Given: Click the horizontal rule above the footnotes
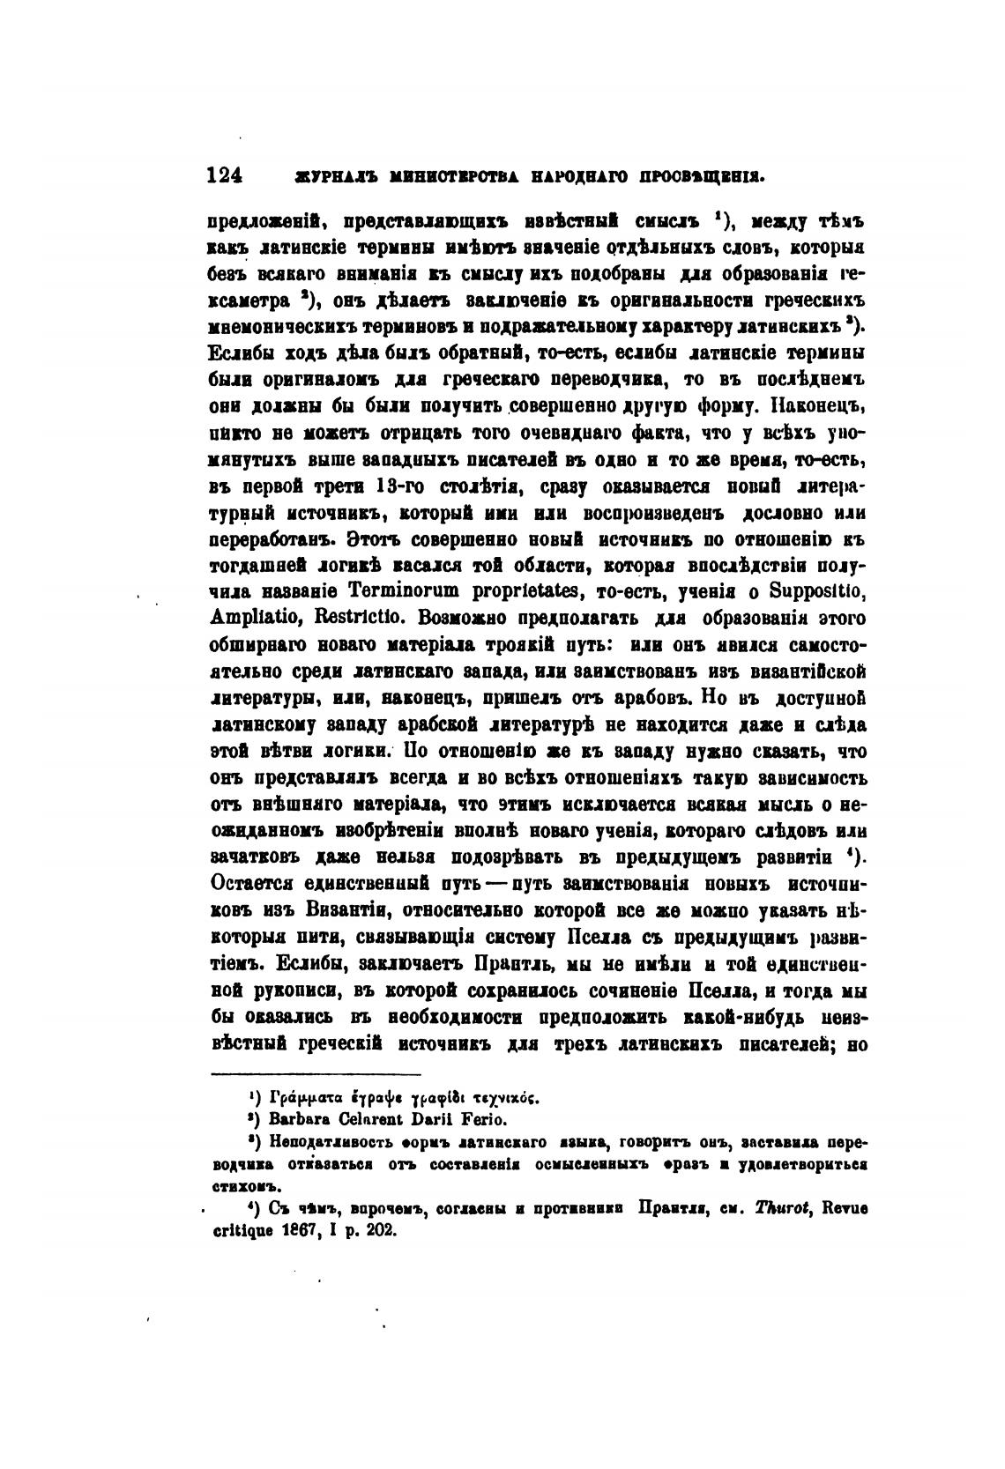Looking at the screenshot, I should coord(316,1074).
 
